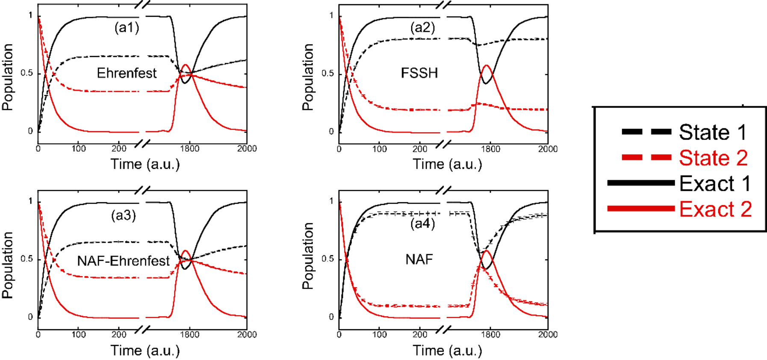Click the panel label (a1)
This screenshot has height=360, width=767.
(127, 28)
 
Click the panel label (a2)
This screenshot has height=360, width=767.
(422, 28)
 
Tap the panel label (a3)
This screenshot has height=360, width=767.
(123, 215)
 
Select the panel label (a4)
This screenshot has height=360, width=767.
(422, 224)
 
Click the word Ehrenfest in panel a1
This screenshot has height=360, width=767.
(127, 73)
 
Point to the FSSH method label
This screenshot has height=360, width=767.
(419, 73)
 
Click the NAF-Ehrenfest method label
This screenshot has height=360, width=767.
(123, 260)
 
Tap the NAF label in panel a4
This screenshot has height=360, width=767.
(419, 259)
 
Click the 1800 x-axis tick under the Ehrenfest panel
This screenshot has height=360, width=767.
(189, 148)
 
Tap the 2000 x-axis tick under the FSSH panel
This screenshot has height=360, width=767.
(548, 149)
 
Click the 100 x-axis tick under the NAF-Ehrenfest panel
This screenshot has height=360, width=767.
(79, 334)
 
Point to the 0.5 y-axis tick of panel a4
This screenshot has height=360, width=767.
(327, 259)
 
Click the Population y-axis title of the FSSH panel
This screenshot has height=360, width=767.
(308, 77)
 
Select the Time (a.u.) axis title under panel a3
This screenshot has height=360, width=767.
(145, 351)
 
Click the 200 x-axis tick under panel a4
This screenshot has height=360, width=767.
(419, 334)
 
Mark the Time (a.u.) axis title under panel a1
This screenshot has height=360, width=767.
(145, 164)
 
